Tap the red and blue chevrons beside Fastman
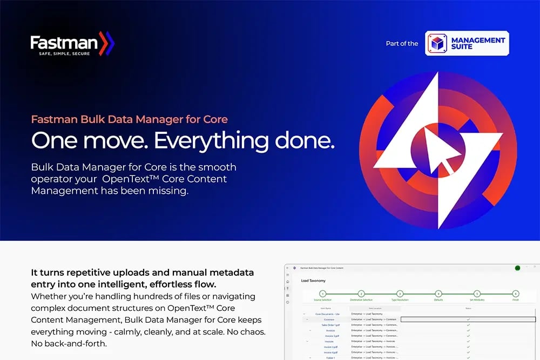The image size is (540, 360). pos(107,43)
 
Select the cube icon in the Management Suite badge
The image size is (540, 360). pos(436,43)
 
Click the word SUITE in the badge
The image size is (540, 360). pos(462,47)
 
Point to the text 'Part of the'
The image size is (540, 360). pos(402,44)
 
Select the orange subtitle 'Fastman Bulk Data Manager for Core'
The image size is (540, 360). pos(130,119)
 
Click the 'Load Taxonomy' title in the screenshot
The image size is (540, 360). pos(313,281)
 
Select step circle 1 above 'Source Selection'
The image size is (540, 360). pos(323,294)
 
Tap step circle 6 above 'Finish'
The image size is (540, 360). pos(516,294)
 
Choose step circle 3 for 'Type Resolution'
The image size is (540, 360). pos(400,294)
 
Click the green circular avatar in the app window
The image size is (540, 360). pos(517,268)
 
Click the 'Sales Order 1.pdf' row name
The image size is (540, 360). pos(330,325)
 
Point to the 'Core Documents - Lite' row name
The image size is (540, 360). pos(327,314)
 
